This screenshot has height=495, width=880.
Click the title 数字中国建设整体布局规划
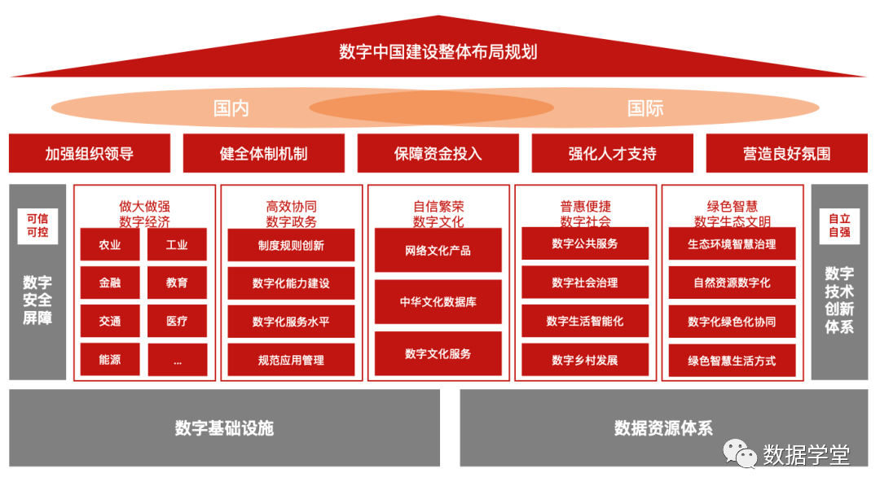tap(438, 52)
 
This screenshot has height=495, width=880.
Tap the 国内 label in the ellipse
tap(231, 108)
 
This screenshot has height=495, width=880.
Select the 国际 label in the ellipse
tap(645, 108)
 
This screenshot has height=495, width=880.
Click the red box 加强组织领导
tap(90, 153)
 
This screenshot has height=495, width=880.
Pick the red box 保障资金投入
tap(438, 153)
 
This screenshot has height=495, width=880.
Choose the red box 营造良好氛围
tap(786, 153)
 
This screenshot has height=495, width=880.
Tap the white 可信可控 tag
tap(37, 226)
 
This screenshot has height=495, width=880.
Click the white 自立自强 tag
tap(839, 226)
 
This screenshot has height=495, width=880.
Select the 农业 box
tap(110, 244)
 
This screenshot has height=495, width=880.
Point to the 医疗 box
tap(177, 321)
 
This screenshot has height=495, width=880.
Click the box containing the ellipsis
tap(177, 360)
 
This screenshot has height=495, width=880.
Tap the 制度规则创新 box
tap(291, 245)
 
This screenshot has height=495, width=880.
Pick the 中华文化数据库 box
tap(438, 302)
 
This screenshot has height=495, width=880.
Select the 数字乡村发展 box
tap(585, 360)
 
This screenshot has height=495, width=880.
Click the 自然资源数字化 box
tap(732, 283)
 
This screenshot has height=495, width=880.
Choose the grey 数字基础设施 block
tap(224, 428)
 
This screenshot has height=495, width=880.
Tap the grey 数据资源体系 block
tap(663, 428)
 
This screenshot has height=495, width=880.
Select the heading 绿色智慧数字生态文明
tap(732, 214)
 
